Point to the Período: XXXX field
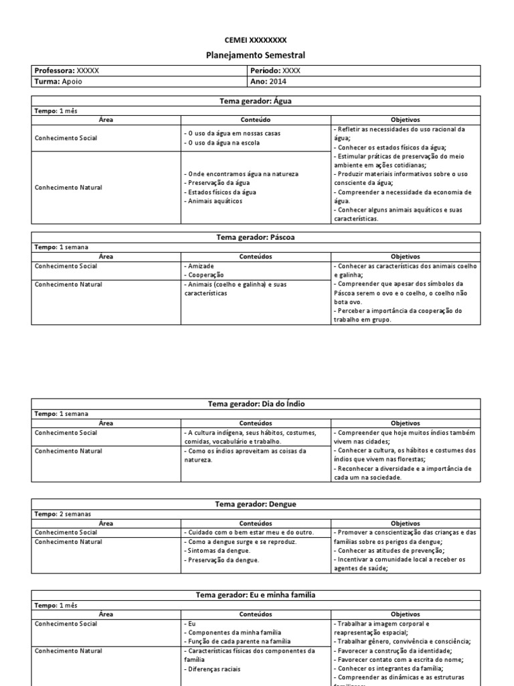[x=275, y=70]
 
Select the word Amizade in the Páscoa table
[x=200, y=266]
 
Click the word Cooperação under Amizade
[x=204, y=275]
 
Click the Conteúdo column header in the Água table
[x=255, y=119]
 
